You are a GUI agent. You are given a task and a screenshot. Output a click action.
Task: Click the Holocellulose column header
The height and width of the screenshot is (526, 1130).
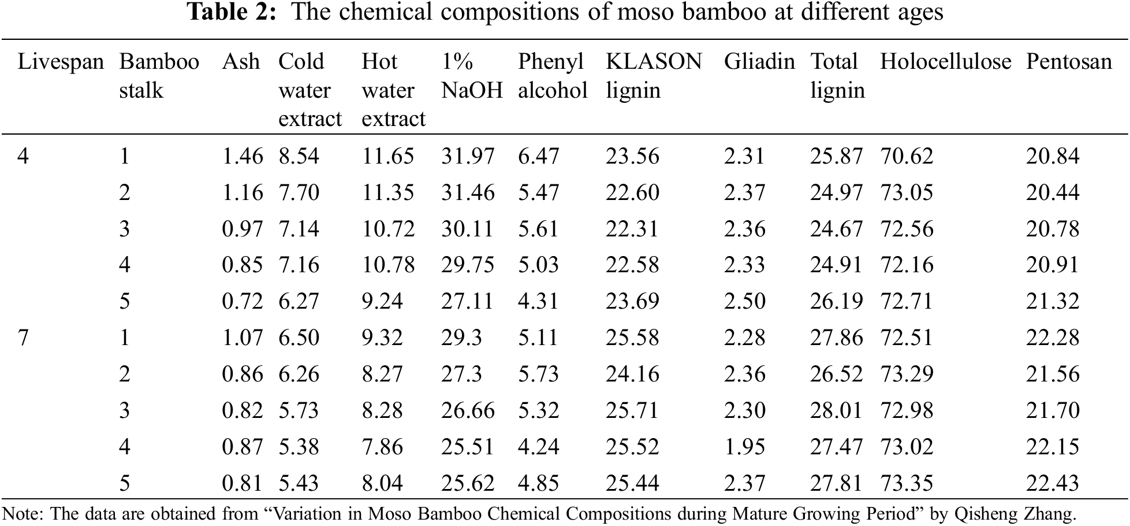945,62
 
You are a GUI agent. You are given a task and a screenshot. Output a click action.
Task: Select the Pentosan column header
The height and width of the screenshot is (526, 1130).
1068,62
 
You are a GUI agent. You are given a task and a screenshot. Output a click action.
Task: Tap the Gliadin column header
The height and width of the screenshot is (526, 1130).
759,62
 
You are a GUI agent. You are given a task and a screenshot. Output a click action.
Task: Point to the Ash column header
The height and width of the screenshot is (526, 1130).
241,62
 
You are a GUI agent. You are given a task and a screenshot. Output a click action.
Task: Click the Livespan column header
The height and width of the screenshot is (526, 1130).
61,62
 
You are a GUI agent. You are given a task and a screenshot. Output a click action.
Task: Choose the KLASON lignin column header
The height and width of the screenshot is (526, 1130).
653,76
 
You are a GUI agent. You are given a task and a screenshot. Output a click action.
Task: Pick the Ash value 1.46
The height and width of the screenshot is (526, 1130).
242,156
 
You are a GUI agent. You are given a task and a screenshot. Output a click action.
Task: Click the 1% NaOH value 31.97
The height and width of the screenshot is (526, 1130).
468,156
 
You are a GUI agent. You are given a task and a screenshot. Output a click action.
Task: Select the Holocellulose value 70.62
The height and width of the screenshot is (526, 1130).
907,156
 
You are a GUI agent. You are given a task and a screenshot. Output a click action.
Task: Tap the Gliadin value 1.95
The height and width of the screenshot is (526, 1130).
744,447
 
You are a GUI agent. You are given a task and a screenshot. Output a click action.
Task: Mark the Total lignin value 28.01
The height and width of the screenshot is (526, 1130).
836,410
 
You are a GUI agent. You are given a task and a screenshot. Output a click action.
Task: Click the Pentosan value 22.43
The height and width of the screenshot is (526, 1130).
1052,483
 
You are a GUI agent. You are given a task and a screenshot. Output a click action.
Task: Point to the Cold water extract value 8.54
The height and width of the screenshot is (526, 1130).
299,156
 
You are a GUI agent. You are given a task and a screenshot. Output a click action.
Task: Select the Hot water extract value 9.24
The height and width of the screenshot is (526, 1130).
382,301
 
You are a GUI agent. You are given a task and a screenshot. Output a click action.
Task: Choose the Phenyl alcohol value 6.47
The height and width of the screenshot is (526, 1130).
538,156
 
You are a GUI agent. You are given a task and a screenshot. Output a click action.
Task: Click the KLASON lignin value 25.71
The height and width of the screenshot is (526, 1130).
632,410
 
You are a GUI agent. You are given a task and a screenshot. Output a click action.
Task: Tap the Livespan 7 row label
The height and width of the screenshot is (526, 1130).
23,338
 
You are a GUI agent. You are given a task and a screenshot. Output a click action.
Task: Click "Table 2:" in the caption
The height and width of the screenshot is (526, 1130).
233,12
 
